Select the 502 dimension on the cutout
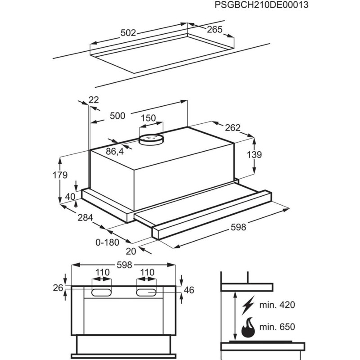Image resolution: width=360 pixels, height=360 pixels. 129,32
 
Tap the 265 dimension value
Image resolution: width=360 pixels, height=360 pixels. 215,30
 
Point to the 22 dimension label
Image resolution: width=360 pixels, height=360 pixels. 94,100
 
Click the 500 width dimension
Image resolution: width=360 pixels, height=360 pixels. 117,116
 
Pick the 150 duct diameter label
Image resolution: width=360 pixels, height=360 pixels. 148,118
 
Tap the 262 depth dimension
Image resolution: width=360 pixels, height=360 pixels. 233,127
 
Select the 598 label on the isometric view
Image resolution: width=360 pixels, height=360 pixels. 238,227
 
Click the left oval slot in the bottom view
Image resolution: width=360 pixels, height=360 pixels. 103,292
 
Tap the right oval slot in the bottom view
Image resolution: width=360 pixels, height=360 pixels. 147,292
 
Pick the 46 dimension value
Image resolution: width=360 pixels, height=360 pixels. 189,290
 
